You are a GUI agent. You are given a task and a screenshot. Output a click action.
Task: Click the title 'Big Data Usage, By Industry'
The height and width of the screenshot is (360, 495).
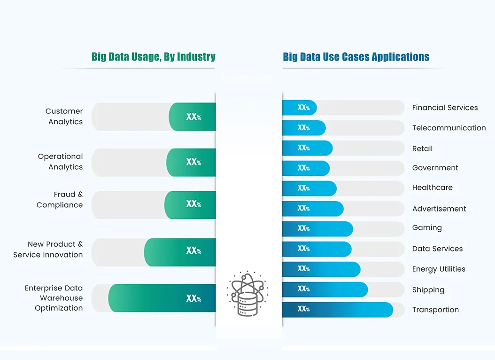[x=153, y=57]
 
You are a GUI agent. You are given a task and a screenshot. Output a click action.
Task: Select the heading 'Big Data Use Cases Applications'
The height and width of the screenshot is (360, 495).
[x=356, y=57]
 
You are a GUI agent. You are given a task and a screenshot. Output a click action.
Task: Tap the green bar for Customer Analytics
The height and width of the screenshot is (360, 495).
[x=193, y=117]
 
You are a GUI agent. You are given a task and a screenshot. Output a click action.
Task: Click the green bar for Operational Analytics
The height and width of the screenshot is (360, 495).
[x=191, y=162]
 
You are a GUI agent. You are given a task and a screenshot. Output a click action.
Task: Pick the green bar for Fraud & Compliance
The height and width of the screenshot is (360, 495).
[x=190, y=204]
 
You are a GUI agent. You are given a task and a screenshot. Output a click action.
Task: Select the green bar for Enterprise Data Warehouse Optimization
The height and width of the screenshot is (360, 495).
[x=162, y=298]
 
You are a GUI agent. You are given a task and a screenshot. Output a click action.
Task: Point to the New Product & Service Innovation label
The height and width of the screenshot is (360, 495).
[x=48, y=250]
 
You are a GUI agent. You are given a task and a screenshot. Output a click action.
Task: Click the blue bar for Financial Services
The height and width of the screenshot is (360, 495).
[x=300, y=108]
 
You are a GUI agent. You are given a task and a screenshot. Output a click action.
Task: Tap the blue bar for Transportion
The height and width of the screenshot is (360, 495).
[x=337, y=309]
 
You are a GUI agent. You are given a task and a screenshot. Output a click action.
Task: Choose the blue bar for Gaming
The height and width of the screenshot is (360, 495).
[x=317, y=228]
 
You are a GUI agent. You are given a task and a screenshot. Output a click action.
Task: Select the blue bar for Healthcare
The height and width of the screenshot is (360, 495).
[x=309, y=188]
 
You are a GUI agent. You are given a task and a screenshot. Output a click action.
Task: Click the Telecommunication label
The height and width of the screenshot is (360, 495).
[x=449, y=128]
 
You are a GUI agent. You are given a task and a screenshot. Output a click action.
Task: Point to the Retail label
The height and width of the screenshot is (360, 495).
[x=422, y=149]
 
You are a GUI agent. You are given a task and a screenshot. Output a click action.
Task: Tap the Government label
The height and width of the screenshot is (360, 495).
[x=435, y=168]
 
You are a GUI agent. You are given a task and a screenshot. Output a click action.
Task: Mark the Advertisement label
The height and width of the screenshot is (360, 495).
[x=439, y=209]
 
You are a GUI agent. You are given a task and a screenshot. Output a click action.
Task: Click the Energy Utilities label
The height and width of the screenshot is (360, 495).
[x=439, y=269]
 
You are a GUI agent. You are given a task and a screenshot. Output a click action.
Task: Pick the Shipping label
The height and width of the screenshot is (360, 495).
[x=428, y=290]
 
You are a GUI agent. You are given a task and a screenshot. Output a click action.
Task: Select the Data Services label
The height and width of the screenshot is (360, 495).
[x=437, y=249]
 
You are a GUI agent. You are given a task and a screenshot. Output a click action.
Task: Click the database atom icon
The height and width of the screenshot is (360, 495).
[x=247, y=293]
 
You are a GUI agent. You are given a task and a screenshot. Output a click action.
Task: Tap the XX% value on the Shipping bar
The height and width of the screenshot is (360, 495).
[x=303, y=289]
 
